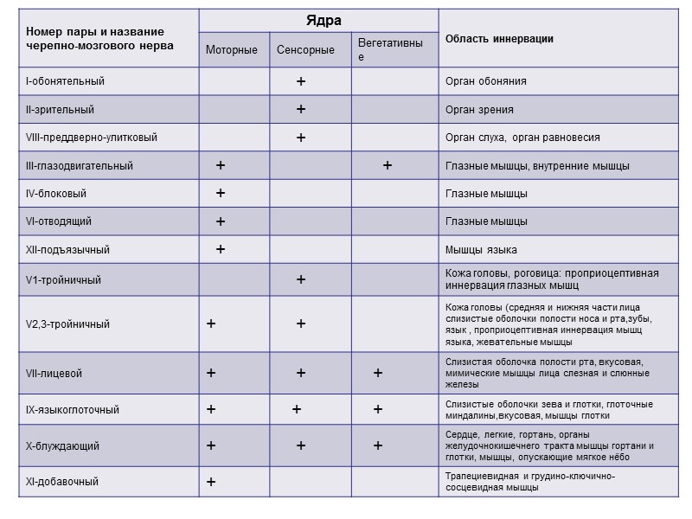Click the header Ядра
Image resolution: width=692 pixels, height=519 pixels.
(x=319, y=20)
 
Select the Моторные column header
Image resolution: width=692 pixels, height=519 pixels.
(x=231, y=50)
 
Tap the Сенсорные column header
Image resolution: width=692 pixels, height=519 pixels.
(x=305, y=50)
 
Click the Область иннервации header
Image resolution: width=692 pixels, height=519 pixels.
(x=499, y=39)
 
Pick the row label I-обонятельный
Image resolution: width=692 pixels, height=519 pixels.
(x=65, y=81)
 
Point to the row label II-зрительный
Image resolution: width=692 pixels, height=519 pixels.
(x=60, y=110)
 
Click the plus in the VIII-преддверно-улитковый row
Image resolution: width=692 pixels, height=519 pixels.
(x=301, y=138)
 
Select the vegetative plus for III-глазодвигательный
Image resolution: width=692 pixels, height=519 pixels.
(x=388, y=165)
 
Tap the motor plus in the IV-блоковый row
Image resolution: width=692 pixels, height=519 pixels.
(x=221, y=193)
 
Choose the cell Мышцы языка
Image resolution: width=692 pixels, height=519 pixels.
(x=481, y=250)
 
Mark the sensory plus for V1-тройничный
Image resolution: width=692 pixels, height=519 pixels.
(x=301, y=279)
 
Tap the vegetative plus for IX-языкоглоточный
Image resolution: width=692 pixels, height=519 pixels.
(x=378, y=409)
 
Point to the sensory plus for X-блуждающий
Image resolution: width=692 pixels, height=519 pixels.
(x=301, y=445)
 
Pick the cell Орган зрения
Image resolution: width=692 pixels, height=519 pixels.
(x=479, y=110)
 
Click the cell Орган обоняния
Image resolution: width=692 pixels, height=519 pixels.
(x=485, y=81)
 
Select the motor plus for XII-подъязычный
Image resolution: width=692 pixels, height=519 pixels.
(x=221, y=249)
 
